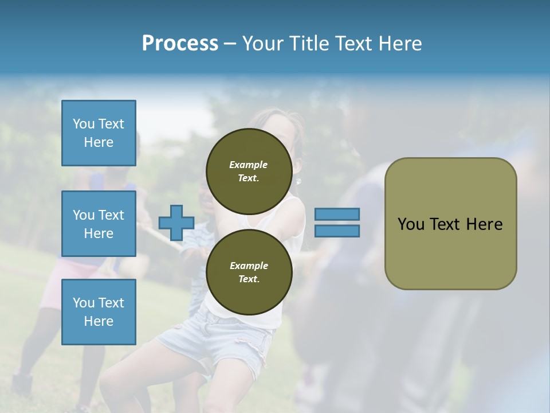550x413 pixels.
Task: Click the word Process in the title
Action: coord(180,44)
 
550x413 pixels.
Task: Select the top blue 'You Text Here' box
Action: coord(99,133)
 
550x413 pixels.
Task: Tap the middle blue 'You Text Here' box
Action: coord(99,224)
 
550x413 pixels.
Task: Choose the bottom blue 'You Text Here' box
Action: coord(99,311)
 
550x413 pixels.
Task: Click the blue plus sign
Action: coord(176,223)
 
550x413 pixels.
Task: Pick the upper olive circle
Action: coord(249,171)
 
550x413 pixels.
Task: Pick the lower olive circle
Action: coord(249,272)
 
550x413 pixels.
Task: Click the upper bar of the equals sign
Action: coord(337,214)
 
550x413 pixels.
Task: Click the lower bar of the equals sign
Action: coord(337,231)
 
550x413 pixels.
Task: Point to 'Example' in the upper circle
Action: coord(249,165)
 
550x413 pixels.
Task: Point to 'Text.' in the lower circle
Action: coord(249,279)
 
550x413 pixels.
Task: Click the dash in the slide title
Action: coord(230,44)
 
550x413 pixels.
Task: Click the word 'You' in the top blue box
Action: coord(84,124)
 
